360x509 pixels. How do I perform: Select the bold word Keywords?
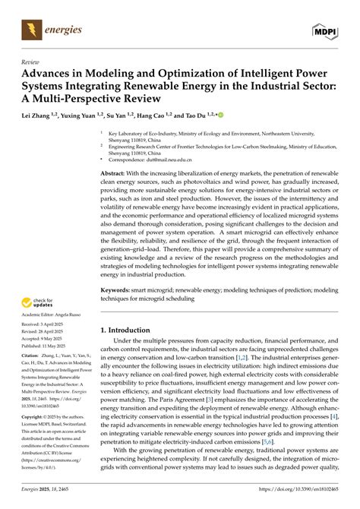pos(119,289)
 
